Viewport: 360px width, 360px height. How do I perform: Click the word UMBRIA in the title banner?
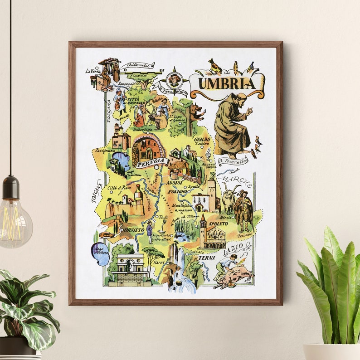coord(227,84)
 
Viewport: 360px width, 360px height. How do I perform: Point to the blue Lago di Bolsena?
coord(100,254)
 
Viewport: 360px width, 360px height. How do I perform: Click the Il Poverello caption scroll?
coord(233,160)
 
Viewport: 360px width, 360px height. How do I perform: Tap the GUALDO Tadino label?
coord(201,141)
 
